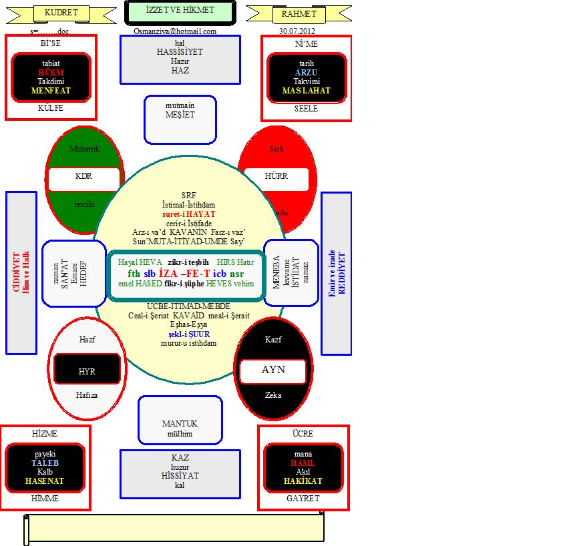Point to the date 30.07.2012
pyautogui.click(x=297, y=31)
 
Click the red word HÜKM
pyautogui.click(x=51, y=73)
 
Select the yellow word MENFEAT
pyautogui.click(x=51, y=90)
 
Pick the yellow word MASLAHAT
pyautogui.click(x=307, y=90)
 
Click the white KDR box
pyautogui.click(x=83, y=177)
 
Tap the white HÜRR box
pyautogui.click(x=276, y=177)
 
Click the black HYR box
pyautogui.click(x=87, y=371)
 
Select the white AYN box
pyautogui.click(x=273, y=370)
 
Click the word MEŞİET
pyautogui.click(x=180, y=115)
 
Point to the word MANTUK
pyautogui.click(x=180, y=424)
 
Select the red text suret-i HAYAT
pyautogui.click(x=189, y=214)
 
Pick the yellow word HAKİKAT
pyautogui.click(x=303, y=481)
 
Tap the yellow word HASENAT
pyautogui.click(x=45, y=481)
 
